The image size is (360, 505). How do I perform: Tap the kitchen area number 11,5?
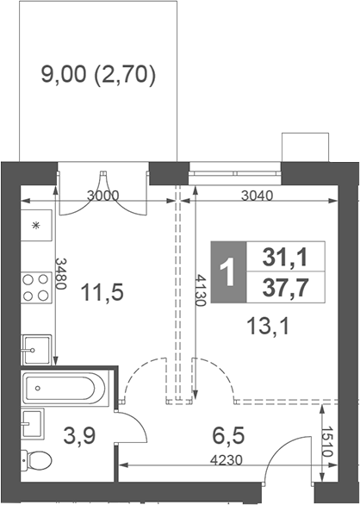click(x=101, y=292)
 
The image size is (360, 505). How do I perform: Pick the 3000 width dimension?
click(x=103, y=196)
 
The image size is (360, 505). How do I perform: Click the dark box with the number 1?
click(x=227, y=271)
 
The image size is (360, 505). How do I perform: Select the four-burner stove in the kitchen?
click(x=35, y=287)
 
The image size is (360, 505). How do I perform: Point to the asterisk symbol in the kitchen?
click(x=36, y=226)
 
